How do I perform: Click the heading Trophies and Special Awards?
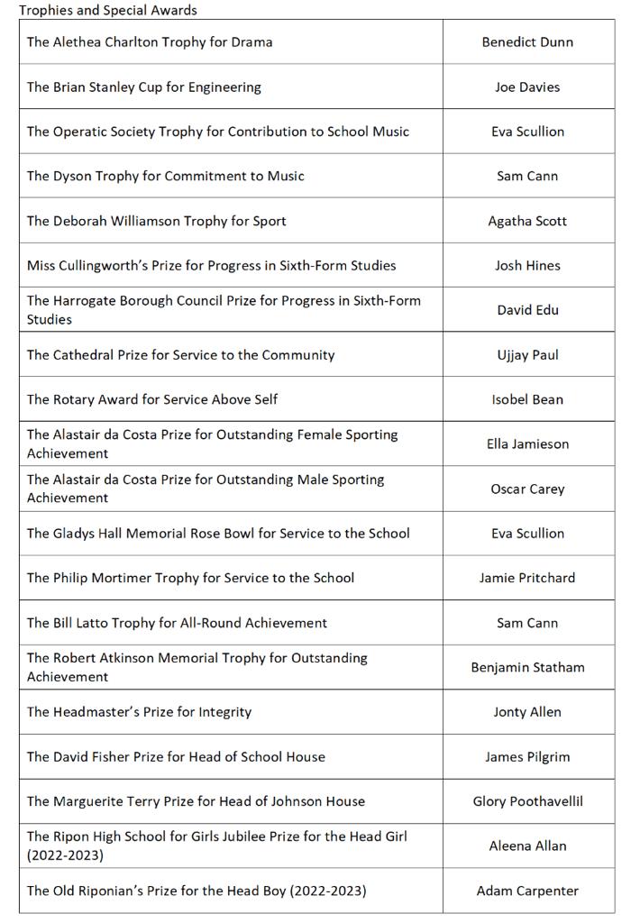pos(108,11)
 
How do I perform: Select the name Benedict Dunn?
pos(527,42)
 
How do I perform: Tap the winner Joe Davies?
pos(527,87)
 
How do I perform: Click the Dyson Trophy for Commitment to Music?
pos(165,177)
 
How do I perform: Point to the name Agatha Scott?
pos(527,221)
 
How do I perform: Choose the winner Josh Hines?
pos(527,266)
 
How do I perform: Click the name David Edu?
pos(527,310)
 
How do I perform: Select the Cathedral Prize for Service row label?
pos(180,355)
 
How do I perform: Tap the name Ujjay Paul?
pos(527,355)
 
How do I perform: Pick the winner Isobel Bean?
pos(527,399)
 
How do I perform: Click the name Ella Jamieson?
pos(527,444)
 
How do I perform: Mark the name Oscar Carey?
pos(527,489)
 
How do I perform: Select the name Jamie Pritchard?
pos(527,578)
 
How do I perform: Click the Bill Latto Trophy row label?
pos(177,623)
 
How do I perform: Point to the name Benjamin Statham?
pos(527,668)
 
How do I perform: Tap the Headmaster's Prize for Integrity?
pos(139,712)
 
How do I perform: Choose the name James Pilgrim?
pos(527,757)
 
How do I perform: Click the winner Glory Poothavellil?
pos(527,801)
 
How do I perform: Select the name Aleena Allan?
pos(527,846)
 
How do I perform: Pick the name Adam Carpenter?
pos(527,891)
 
